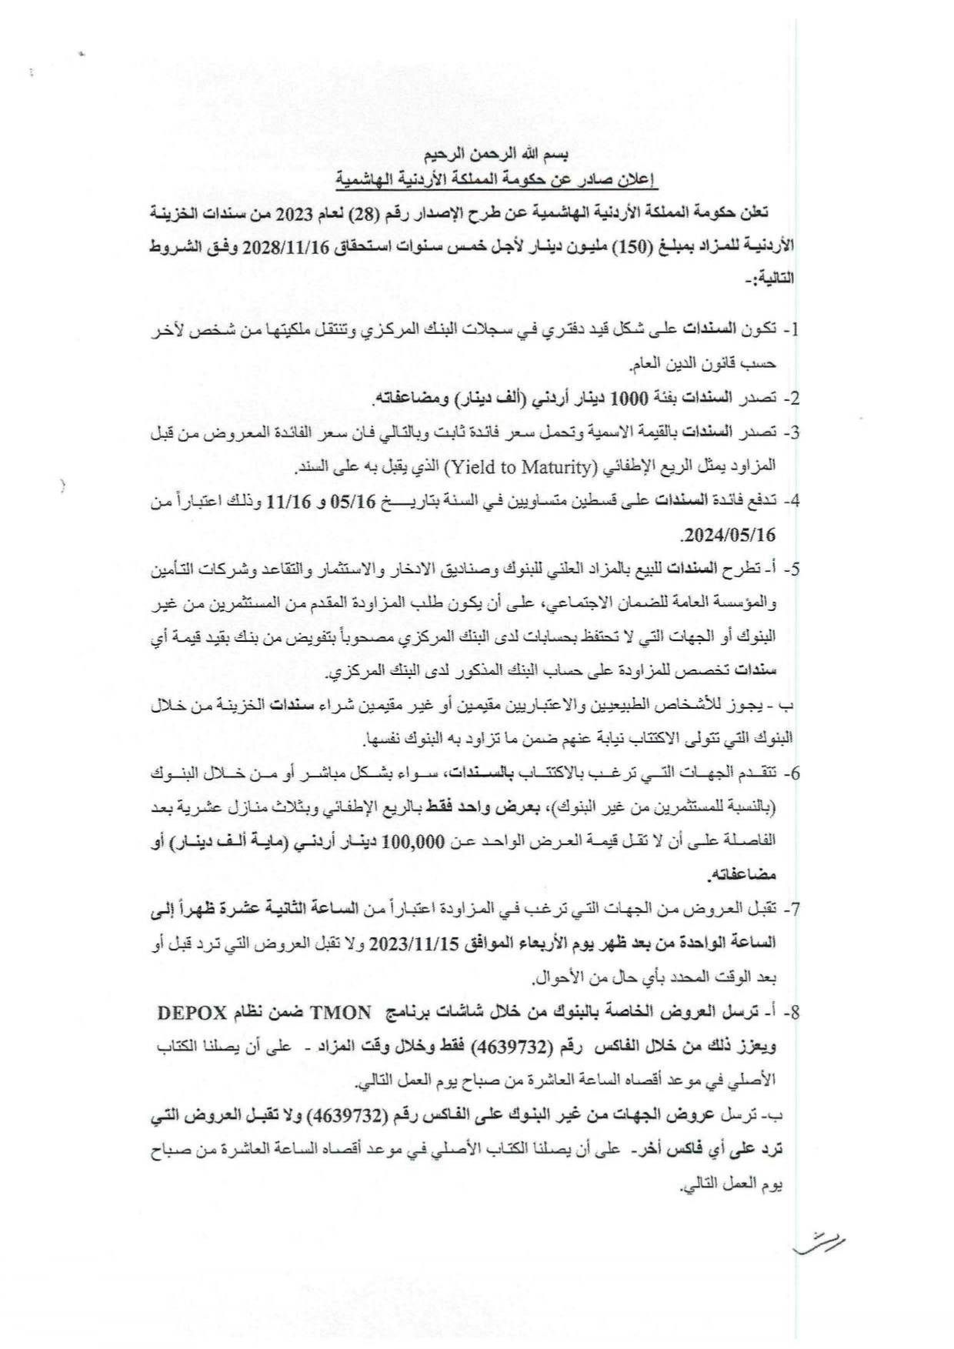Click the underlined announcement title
click(497, 182)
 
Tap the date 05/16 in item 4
click(349, 501)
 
